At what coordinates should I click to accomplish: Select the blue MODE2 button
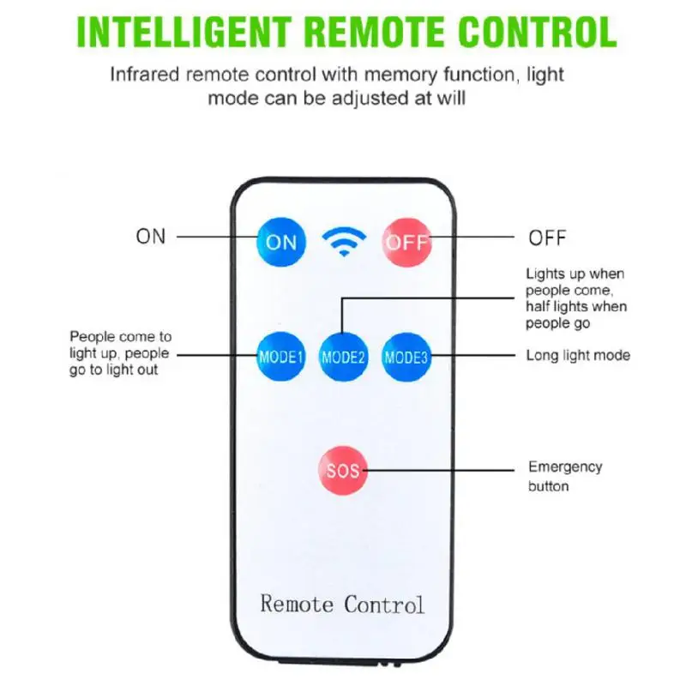pos(344,357)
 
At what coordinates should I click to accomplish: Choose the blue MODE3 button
pos(406,357)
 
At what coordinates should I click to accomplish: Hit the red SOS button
pos(343,470)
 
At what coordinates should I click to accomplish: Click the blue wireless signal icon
pos(344,242)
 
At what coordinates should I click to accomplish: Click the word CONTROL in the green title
pos(538,32)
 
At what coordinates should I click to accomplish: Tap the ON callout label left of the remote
pos(151,237)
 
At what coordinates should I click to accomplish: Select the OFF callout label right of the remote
pos(547,237)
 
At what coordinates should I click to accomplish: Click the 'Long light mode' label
pos(578,355)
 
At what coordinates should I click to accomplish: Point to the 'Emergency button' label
pos(564,476)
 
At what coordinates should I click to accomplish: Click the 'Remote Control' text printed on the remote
pos(342,604)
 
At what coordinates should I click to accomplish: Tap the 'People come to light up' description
pos(119,353)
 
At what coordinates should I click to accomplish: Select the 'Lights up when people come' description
pos(575,298)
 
